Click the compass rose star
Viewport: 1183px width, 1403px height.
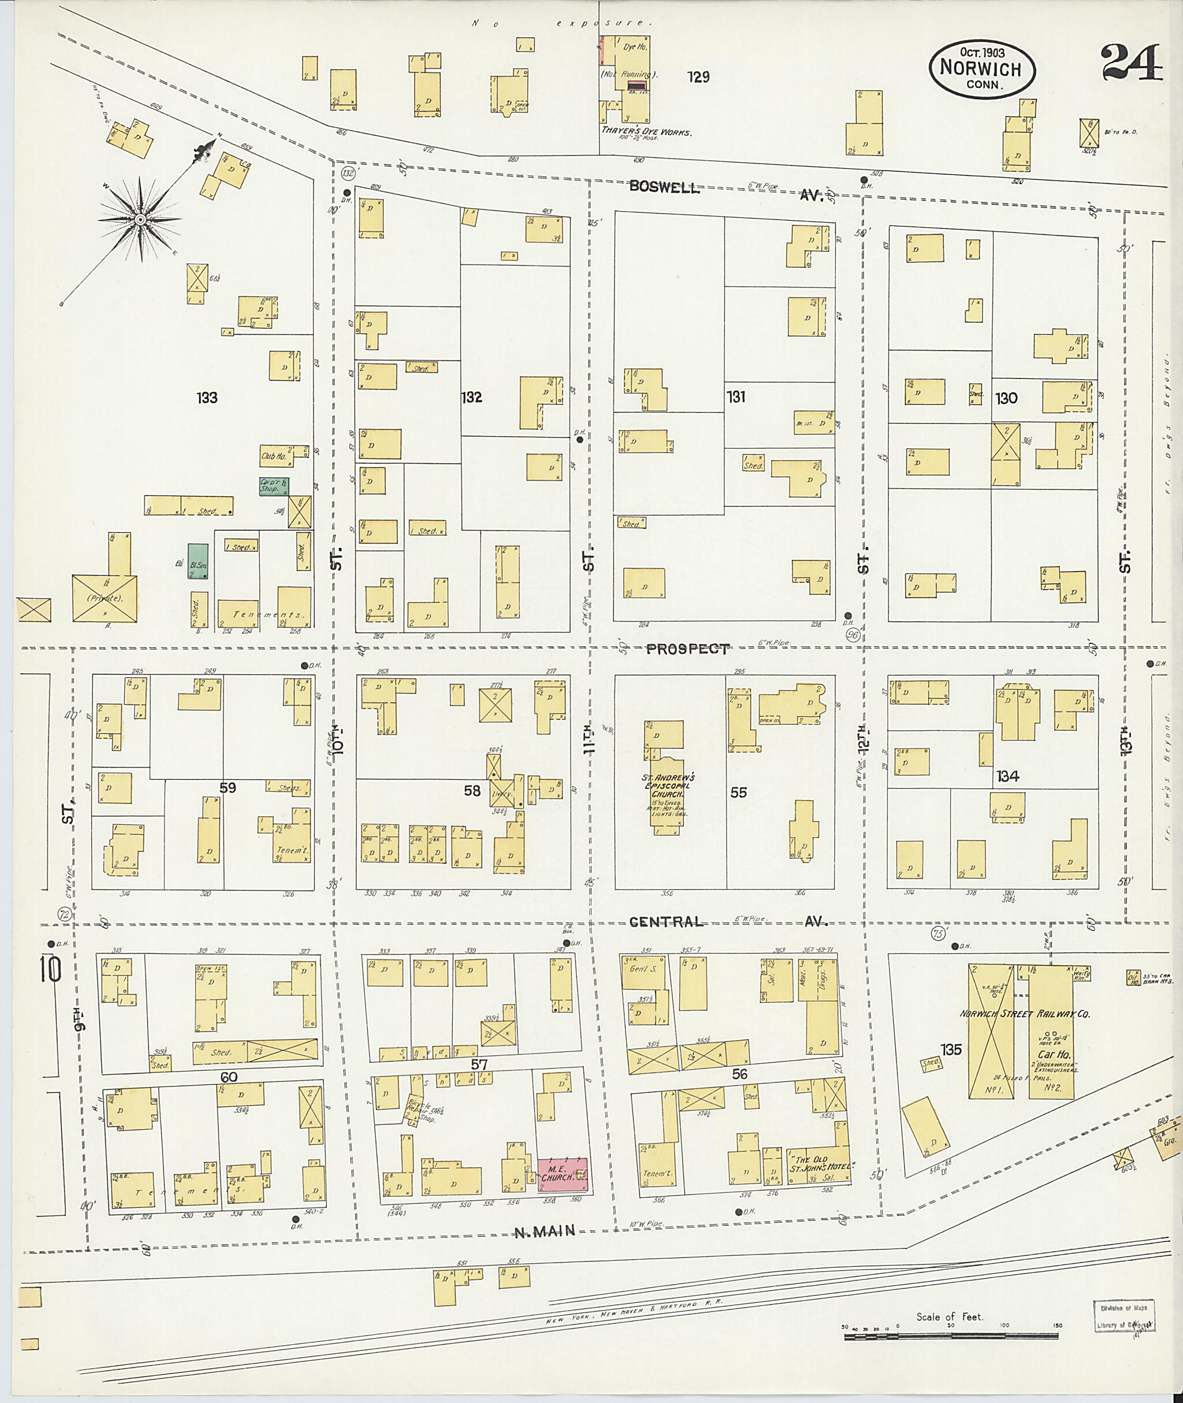[140, 219]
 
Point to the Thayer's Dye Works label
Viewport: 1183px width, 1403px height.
[646, 132]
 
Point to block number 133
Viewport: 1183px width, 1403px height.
[207, 398]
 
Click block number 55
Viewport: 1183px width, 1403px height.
[738, 792]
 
